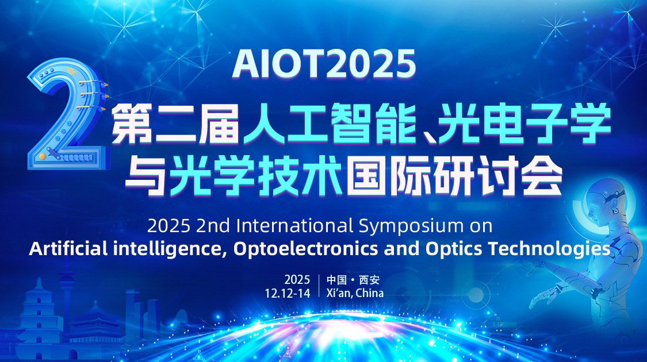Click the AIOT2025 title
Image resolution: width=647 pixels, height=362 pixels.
324,64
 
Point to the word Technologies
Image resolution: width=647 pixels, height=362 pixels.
549,249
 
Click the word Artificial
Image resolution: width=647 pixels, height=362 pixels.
68,249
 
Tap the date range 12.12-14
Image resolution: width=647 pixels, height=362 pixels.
287,293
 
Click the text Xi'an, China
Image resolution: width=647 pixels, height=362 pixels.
355,293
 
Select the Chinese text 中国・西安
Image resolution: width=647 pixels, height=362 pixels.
353,280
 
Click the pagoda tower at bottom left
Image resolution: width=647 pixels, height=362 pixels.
39,318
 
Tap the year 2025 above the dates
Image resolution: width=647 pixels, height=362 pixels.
297,279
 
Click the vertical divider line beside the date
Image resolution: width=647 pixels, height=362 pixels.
319,286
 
